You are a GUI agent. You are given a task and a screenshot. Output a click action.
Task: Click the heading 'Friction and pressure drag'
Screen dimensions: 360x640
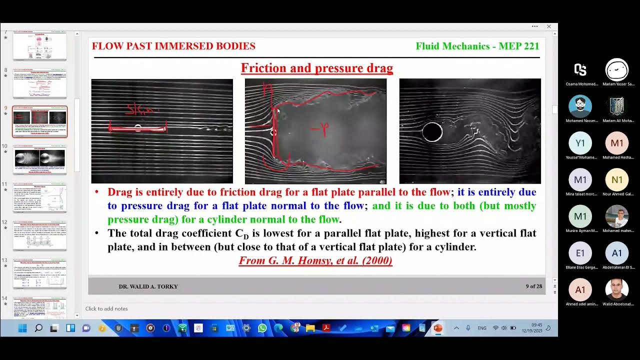tap(317, 68)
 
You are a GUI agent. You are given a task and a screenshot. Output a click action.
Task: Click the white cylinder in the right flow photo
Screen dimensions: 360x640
tap(432, 132)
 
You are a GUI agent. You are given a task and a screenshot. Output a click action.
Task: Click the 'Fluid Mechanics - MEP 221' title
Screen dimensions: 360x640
tap(477, 46)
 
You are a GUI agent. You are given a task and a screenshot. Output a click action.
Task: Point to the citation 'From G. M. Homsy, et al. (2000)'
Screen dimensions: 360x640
tap(315, 260)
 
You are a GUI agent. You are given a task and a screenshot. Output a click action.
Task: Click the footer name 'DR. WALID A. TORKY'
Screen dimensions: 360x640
tap(148, 286)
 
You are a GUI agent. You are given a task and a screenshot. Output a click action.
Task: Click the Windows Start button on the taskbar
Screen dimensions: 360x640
tap(22, 328)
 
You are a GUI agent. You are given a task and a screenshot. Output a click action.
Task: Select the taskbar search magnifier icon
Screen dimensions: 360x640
tap(38, 328)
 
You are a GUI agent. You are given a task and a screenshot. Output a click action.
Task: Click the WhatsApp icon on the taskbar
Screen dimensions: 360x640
tap(262, 328)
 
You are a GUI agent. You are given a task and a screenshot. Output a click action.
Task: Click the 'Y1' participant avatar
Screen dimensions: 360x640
tap(580, 143)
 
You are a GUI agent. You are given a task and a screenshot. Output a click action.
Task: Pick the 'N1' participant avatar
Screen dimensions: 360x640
tap(616, 180)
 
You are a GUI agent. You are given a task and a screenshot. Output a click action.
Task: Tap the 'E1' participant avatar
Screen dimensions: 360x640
tap(580, 253)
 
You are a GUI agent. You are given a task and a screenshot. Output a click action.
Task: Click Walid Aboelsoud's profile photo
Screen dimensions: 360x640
tap(616, 290)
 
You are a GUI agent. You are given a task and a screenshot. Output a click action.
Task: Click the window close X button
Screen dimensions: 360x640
tap(548, 26)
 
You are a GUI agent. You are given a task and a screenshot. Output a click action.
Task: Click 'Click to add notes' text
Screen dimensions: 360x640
tap(106, 309)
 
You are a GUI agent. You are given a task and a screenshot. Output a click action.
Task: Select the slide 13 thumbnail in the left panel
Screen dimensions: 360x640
tap(39, 273)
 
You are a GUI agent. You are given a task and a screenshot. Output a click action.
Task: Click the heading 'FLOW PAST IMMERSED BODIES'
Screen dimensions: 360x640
tap(173, 46)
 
